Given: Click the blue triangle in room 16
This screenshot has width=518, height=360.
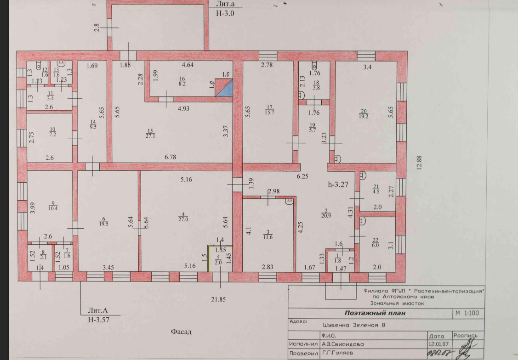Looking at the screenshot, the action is coord(227,90).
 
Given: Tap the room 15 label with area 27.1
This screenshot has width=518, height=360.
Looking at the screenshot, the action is coord(150,133).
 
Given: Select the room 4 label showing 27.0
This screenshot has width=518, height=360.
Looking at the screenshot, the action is coord(183,217).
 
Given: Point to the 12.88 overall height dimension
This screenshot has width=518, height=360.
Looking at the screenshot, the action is coord(419,163).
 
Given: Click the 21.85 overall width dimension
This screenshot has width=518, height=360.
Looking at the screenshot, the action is coord(218,299).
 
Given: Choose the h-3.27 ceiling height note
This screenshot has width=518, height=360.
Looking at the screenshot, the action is coord(338,185).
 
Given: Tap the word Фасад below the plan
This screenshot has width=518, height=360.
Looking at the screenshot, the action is coord(181,332).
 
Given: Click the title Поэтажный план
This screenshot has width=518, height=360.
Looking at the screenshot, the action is coord(375,313).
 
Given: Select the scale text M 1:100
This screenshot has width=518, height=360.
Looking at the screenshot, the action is coord(467,313).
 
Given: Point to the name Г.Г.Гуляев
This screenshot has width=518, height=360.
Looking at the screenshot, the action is coord(338,353).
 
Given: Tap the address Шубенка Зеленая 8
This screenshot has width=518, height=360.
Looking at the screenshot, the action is coord(354,325).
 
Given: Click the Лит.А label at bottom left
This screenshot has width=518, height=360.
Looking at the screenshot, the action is coord(98,310).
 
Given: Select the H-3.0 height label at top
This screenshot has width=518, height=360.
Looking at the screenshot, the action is coord(225,13).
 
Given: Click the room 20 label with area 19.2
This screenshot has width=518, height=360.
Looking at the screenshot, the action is coord(364,114).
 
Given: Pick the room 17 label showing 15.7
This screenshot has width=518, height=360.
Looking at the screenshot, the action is coord(269,110).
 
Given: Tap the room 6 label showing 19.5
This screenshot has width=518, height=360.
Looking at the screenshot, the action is coord(103,221).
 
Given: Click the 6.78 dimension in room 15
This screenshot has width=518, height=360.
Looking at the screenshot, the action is coord(171,157).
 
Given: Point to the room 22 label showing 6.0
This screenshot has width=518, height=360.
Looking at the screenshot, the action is coord(375,243).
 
